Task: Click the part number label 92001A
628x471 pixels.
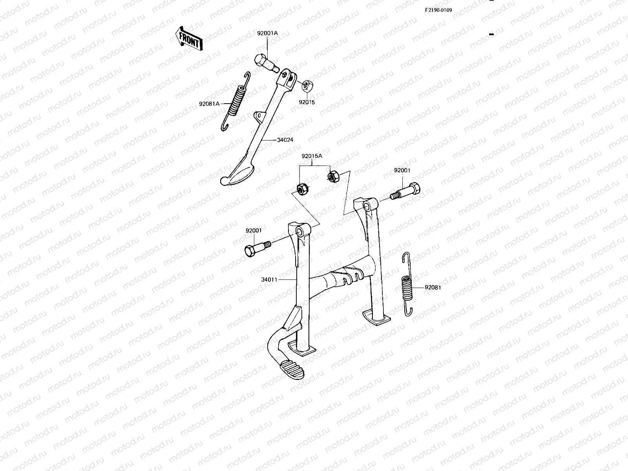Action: pos(267,33)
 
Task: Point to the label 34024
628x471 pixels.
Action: pos(285,140)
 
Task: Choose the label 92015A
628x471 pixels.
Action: pos(312,156)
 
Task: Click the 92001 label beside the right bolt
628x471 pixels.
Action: pos(402,170)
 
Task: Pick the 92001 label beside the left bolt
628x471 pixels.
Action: pos(254,231)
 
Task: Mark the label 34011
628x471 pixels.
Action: pos(269,280)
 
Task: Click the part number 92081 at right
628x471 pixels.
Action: pos(433,287)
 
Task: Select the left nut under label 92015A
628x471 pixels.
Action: pos(302,190)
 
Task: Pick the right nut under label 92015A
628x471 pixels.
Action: pos(332,177)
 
